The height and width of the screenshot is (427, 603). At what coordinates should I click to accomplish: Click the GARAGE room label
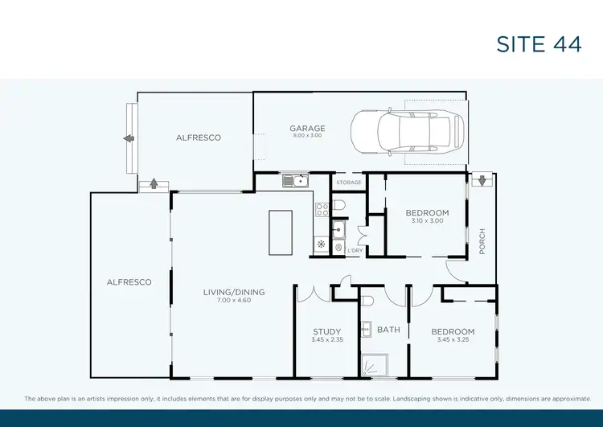pos(307,129)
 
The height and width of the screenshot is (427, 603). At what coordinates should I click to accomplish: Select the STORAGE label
pos(348,183)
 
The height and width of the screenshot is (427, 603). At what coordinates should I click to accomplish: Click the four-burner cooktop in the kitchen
pos(321,211)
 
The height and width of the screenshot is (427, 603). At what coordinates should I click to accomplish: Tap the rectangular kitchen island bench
pos(281,233)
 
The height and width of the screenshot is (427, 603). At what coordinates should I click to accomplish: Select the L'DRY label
pos(355,251)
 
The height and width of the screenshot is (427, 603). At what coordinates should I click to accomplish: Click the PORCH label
pos(482,242)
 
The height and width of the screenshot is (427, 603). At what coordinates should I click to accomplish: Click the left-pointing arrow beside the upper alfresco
pos(128,138)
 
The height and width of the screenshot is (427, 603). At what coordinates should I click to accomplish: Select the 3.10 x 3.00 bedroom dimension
pos(427,221)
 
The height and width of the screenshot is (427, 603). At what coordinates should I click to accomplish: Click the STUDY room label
pos(327,332)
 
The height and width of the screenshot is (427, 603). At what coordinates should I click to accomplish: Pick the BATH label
pos(388,330)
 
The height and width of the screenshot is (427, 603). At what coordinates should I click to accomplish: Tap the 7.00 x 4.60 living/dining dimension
pos(234,301)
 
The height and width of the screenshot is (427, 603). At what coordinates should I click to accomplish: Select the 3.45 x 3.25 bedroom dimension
pos(453,340)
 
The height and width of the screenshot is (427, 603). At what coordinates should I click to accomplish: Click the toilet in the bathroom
pos(367,302)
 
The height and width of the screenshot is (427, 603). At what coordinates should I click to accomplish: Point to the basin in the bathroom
pos(365,328)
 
